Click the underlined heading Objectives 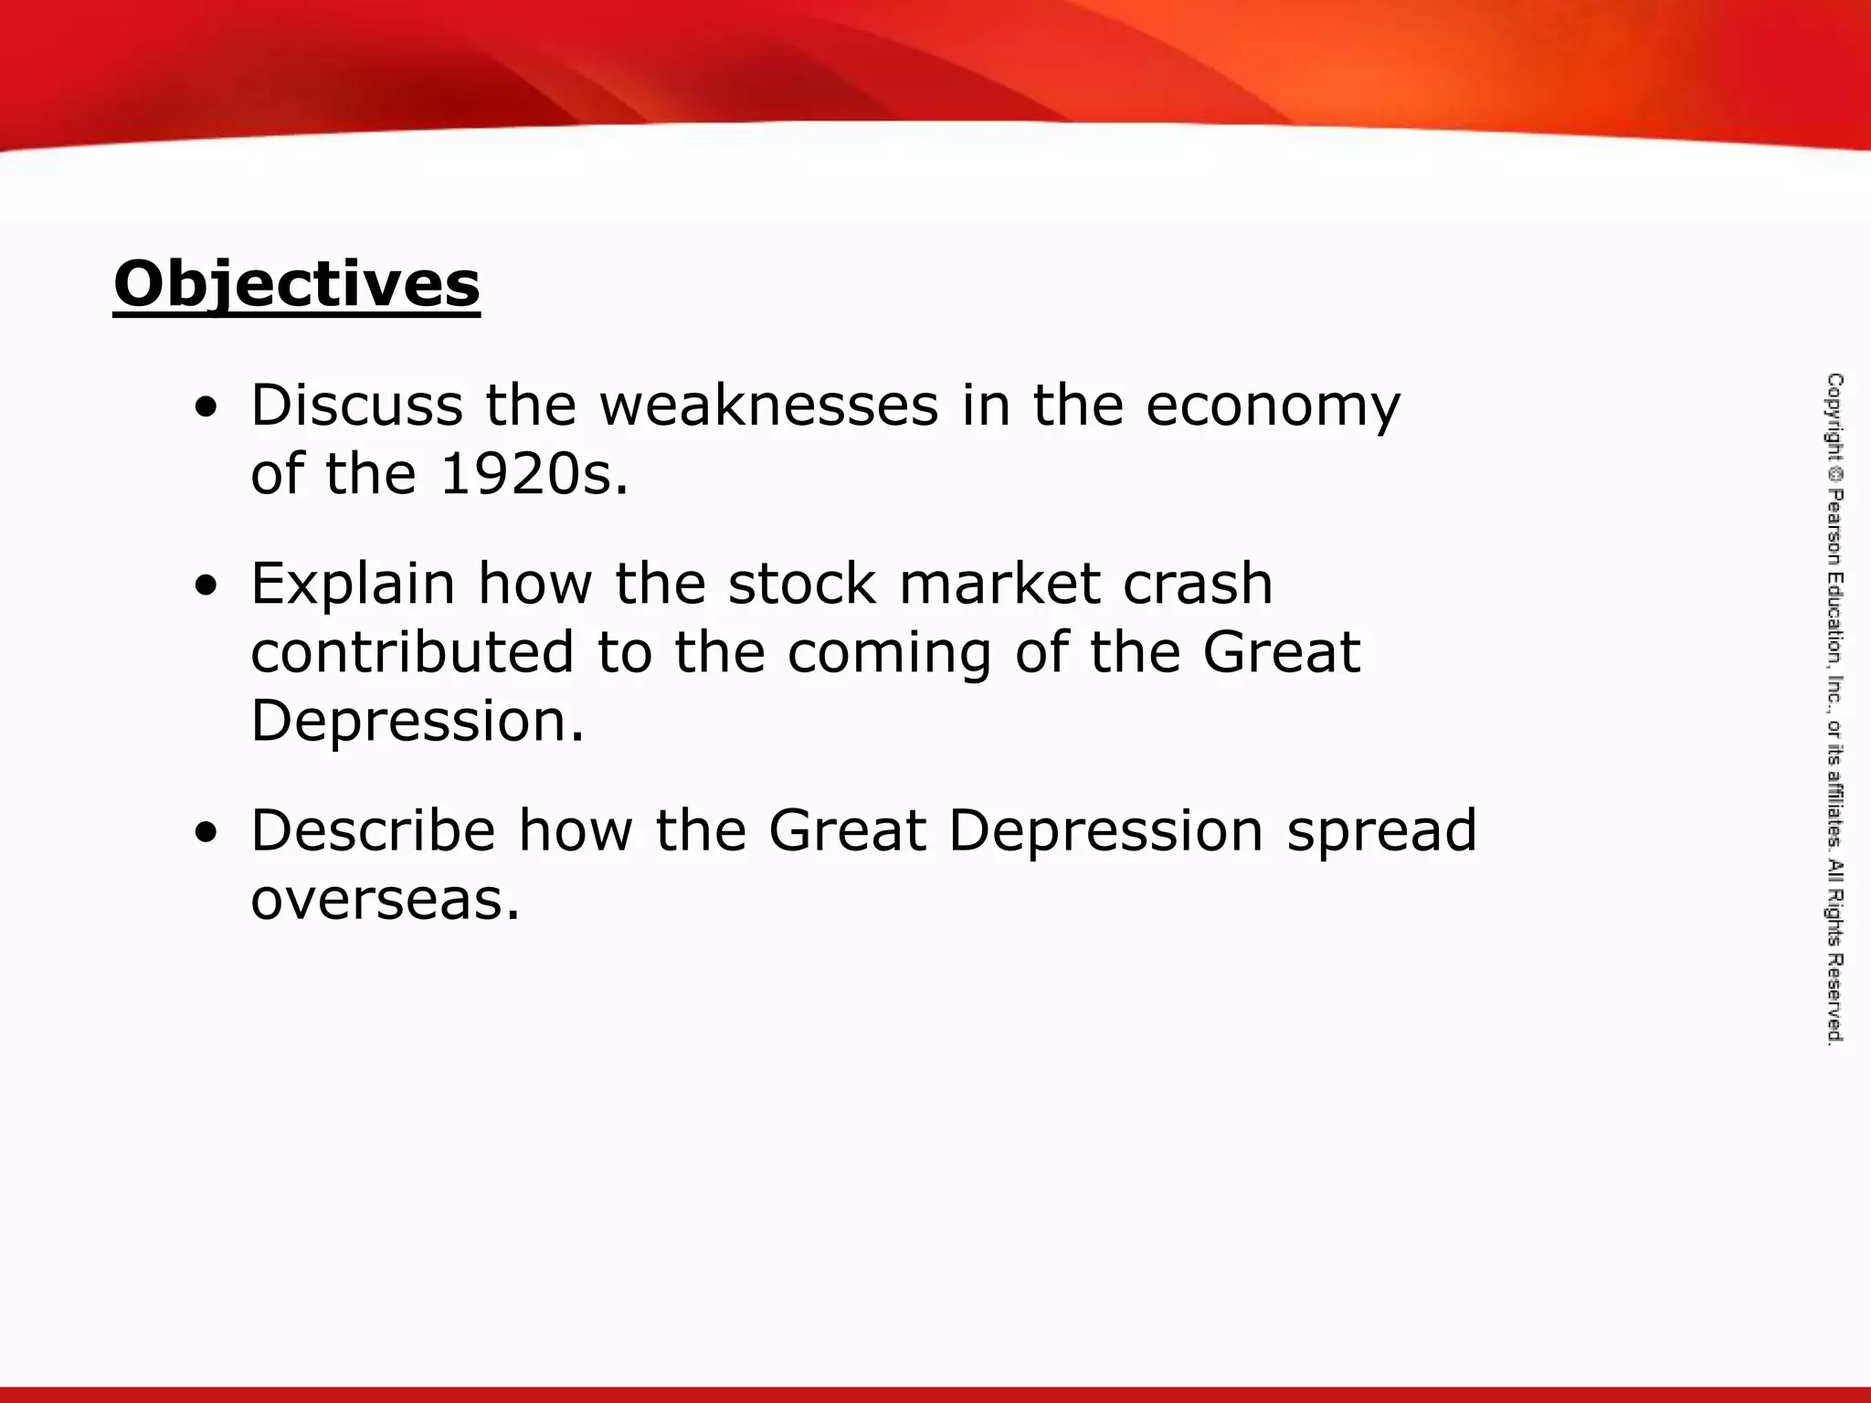pos(296,285)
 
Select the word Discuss pos(356,406)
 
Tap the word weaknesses pos(768,406)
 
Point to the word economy pos(1272,407)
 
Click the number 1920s pos(534,475)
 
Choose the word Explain pos(353,585)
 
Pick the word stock pos(802,585)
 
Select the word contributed pos(412,652)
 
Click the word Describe pos(373,831)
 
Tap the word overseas pos(385,901)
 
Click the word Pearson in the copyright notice pos(1834,527)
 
